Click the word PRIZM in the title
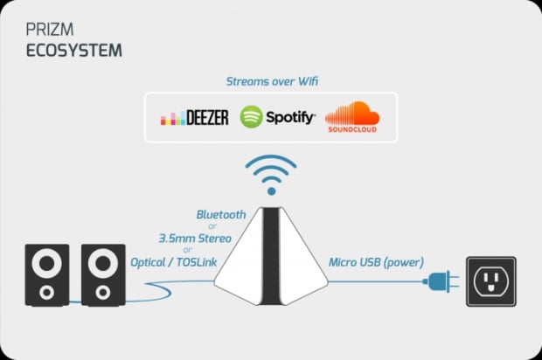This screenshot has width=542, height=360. click(x=42, y=33)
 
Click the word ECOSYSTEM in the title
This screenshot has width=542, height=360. click(x=73, y=51)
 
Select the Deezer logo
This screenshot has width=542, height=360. click(x=194, y=117)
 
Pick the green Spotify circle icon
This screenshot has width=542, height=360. click(x=252, y=116)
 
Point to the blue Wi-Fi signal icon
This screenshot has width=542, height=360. click(x=271, y=175)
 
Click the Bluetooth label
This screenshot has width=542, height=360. click(x=221, y=213)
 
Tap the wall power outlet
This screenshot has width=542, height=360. click(x=490, y=281)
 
